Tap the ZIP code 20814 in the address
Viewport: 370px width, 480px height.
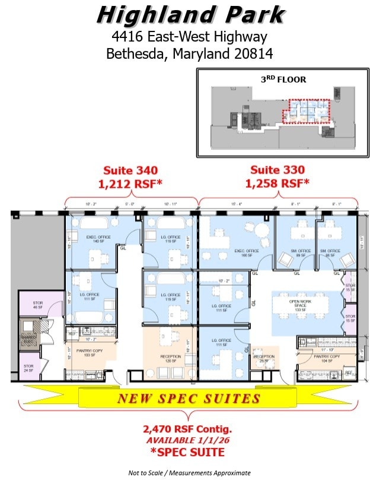click(x=248, y=53)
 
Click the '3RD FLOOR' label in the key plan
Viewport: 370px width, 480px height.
click(x=283, y=78)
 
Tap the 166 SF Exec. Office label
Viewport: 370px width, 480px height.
click(x=247, y=253)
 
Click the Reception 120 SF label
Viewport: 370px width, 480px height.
click(x=171, y=358)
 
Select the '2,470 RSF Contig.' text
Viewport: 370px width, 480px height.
click(x=187, y=429)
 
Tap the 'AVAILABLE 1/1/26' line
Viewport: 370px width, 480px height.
click(x=187, y=440)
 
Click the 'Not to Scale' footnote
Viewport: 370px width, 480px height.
click(x=189, y=473)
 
